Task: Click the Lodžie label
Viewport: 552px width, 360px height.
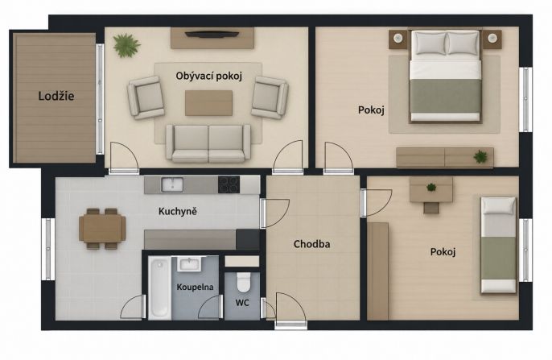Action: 56,96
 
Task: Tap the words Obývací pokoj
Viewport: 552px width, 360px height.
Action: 208,76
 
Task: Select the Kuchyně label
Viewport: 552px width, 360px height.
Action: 177,211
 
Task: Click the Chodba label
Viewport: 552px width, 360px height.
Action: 312,244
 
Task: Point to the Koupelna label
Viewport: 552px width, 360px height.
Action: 195,287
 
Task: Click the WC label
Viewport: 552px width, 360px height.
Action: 242,303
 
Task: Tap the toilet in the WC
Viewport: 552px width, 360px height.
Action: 244,282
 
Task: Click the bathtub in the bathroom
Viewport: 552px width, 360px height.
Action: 159,288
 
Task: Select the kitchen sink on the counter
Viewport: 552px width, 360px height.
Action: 172,185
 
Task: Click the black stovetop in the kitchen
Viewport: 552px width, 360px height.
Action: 229,184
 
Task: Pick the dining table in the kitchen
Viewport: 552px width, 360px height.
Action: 102,228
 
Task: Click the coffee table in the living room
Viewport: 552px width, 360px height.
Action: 208,103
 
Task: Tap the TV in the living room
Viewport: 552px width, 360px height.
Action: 212,34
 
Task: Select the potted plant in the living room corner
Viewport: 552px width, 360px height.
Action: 126,45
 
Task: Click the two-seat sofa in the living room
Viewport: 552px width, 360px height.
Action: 208,143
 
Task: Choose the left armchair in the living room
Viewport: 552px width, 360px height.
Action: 146,97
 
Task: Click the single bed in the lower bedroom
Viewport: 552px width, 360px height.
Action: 499,245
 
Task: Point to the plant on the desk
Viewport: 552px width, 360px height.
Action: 431,187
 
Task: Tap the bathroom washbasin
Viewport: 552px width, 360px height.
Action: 189,264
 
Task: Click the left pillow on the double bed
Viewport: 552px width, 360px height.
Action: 429,43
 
